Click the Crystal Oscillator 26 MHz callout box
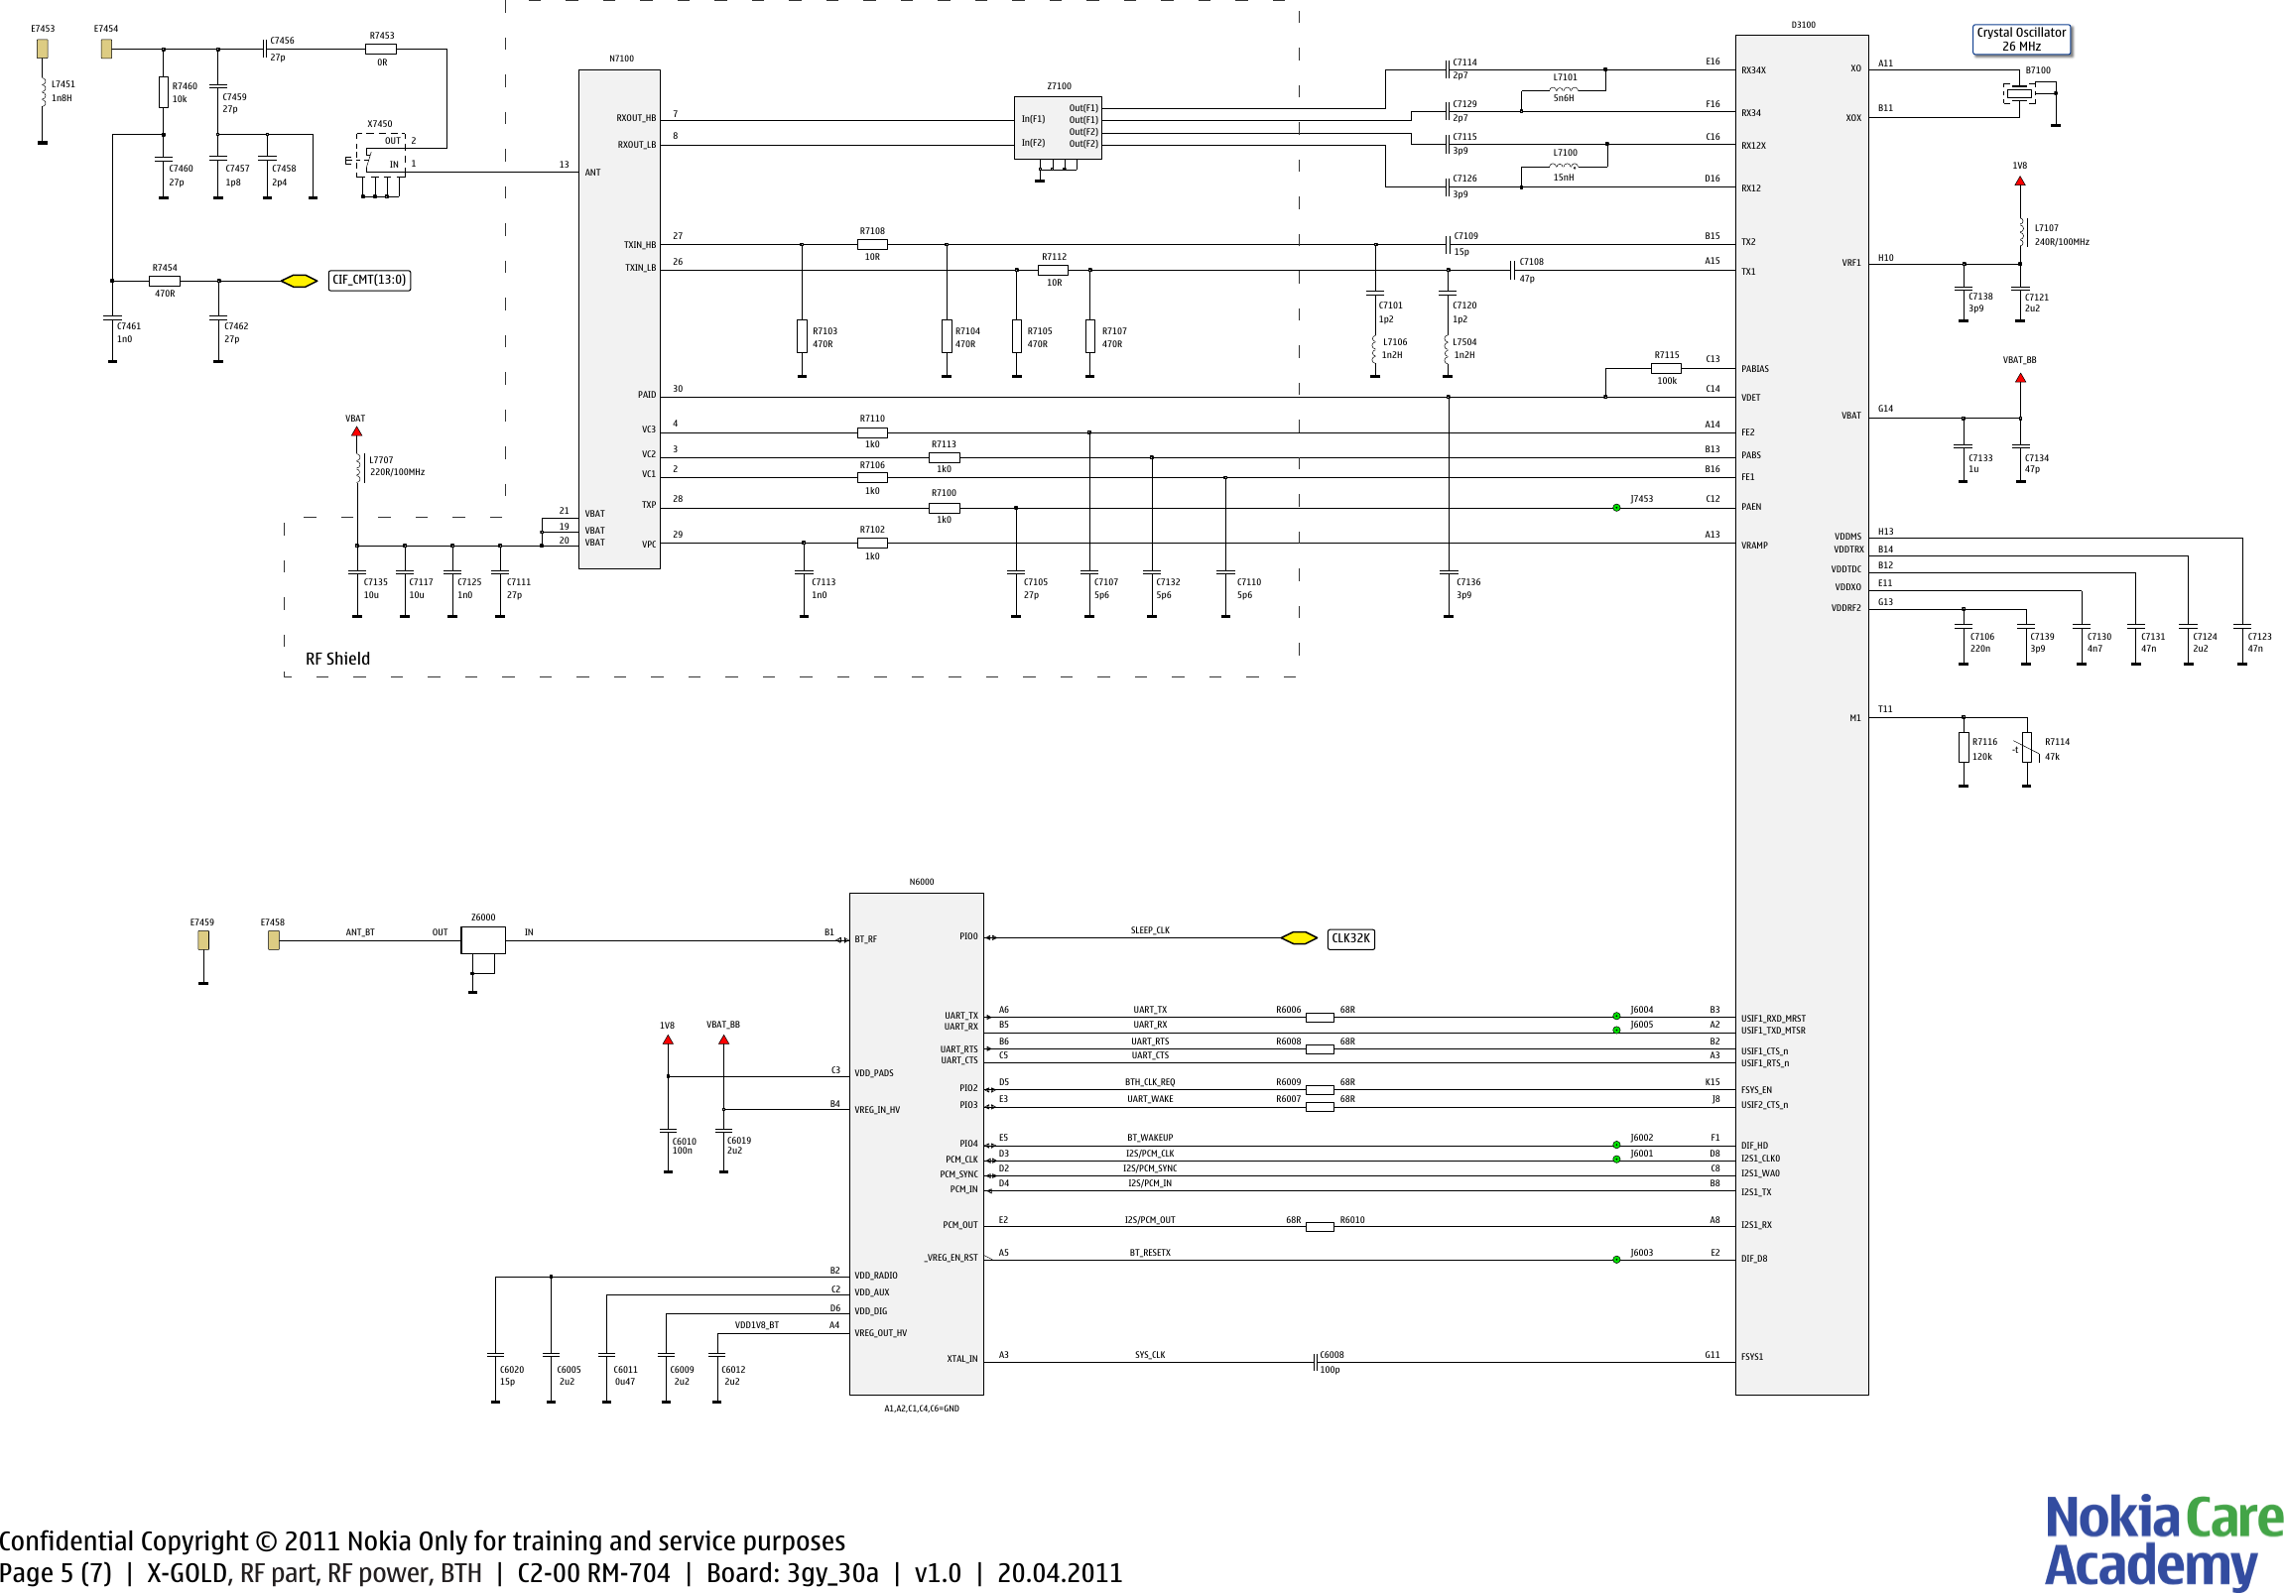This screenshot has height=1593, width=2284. point(2020,40)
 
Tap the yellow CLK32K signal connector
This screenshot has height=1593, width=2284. point(1298,937)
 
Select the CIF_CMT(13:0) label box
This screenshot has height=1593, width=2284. point(369,281)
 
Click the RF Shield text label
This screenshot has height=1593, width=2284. point(337,659)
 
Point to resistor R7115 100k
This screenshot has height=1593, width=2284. point(1666,368)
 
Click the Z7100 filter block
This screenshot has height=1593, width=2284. point(1058,126)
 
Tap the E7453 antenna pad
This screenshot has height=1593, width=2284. point(42,48)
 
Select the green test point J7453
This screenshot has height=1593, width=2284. point(1616,508)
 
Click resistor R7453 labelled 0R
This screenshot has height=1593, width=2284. point(381,49)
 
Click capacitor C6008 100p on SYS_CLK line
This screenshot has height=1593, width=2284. point(1316,1362)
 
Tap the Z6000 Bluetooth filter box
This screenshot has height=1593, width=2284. point(482,939)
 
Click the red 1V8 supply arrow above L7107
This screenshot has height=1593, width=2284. point(2019,181)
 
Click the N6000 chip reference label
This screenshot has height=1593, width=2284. point(921,882)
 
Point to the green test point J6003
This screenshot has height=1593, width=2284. point(1616,1260)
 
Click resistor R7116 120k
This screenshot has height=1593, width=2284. point(1963,748)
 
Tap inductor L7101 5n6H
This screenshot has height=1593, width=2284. point(1564,88)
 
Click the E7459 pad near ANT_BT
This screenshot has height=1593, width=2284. point(203,939)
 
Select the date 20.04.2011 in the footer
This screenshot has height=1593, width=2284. point(1060,1573)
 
